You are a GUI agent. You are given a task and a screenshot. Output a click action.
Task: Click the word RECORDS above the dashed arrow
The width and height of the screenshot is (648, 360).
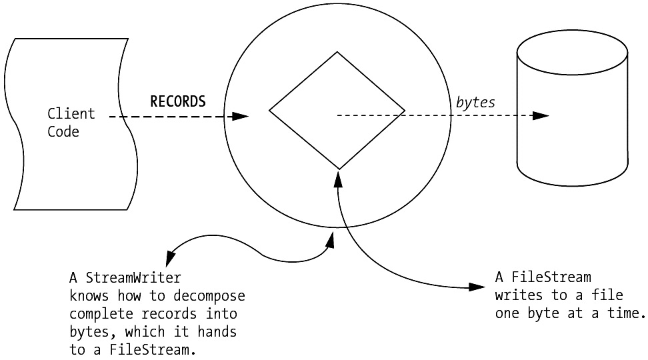click(x=178, y=101)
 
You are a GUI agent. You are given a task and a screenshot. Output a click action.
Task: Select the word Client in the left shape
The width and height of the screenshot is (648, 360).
click(x=71, y=114)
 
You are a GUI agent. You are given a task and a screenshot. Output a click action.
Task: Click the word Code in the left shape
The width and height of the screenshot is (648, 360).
click(x=63, y=131)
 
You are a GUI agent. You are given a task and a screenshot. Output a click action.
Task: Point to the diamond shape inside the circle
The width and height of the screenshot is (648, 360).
click(x=337, y=110)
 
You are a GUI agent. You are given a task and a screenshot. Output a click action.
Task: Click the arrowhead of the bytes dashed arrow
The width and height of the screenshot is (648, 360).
click(x=541, y=116)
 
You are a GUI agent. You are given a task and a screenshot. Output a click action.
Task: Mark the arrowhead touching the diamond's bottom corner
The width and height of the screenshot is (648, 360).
click(x=339, y=176)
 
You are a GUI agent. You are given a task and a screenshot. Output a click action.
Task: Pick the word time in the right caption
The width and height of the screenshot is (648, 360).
click(x=626, y=313)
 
